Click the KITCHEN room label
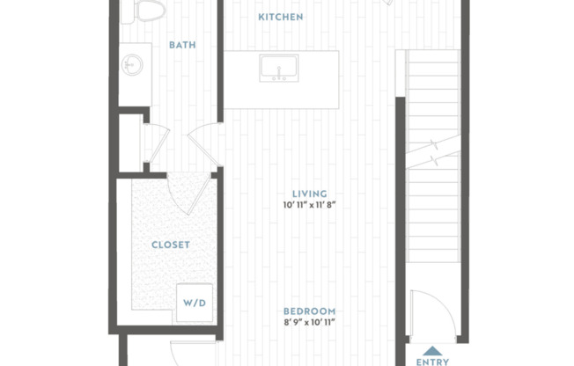(x=281, y=18)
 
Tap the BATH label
(x=182, y=45)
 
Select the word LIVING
(x=310, y=194)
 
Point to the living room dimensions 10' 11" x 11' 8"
(x=310, y=206)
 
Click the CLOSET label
(x=171, y=245)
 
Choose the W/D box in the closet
(x=194, y=302)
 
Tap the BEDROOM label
(x=309, y=311)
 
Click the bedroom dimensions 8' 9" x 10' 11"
(x=309, y=324)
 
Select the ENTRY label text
(x=432, y=361)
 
